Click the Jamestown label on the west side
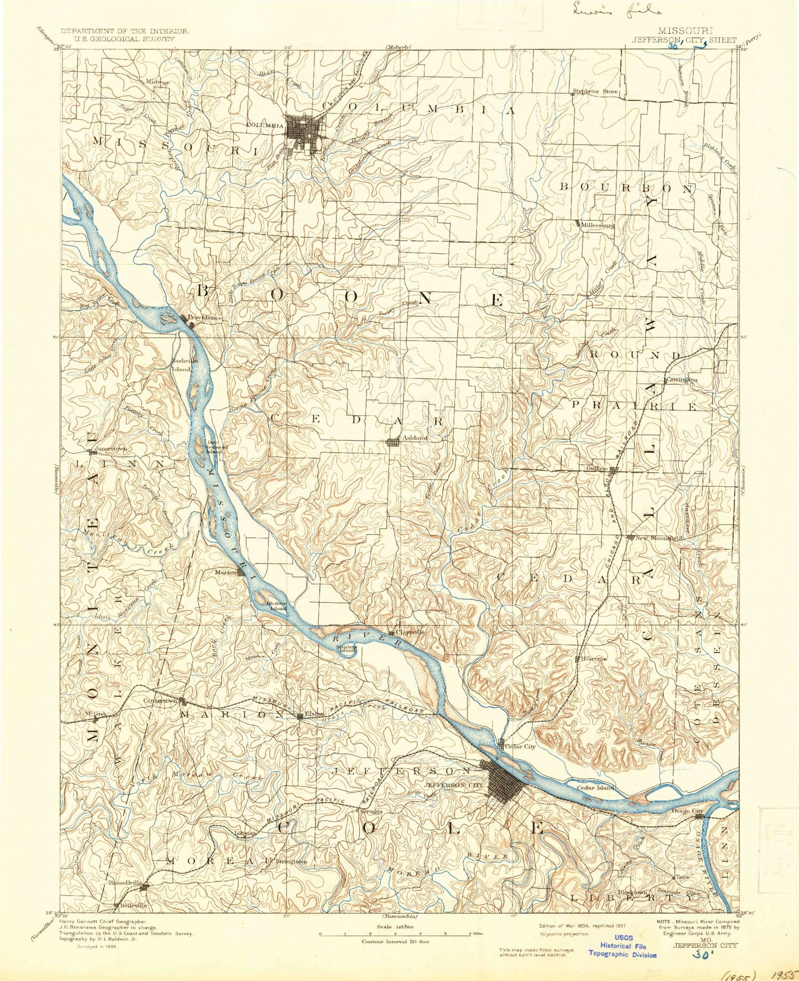click(110, 449)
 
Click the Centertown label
click(160, 700)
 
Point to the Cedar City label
click(520, 747)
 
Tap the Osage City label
click(689, 811)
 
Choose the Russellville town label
click(125, 883)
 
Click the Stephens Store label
click(596, 92)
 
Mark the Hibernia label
click(594, 658)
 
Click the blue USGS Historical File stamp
click(623, 946)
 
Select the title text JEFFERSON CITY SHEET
click(684, 39)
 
